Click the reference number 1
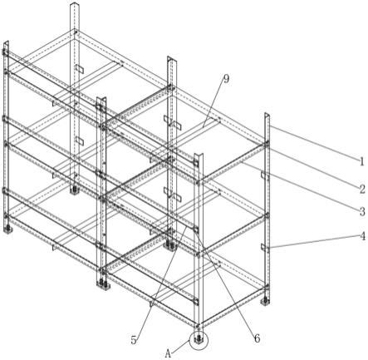361,161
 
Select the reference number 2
362,190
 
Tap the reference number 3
362,212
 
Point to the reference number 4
362,236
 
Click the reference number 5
134,340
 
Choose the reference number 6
257,338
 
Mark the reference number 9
226,79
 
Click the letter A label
168,353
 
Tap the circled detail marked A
199,339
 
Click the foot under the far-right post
265,301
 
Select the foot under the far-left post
7,229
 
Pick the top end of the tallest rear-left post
75,5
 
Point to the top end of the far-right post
267,115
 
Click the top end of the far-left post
6,43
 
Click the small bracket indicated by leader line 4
265,247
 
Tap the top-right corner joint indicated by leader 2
266,144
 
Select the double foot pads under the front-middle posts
103,284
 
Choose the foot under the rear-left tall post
74,190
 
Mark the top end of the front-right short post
199,155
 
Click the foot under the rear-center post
169,245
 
